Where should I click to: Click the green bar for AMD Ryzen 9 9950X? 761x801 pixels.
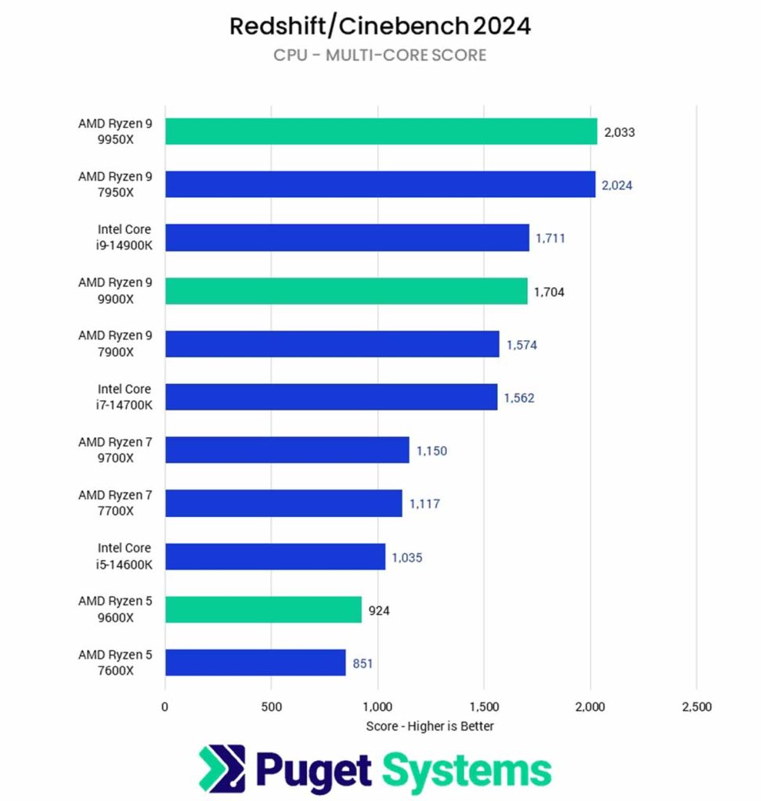[x=380, y=131]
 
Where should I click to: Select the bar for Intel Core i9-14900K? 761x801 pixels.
[x=347, y=238]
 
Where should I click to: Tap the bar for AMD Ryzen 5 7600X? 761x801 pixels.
[x=255, y=663]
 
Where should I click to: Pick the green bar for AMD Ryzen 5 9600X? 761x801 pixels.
[x=263, y=609]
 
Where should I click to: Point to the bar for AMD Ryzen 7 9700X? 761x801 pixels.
[x=287, y=450]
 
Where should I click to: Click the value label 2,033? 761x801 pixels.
[x=619, y=132]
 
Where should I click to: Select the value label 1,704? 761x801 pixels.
[x=549, y=292]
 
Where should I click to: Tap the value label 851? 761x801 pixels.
[x=362, y=663]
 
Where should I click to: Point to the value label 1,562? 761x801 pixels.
[x=519, y=398]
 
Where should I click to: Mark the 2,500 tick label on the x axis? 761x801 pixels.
[x=696, y=707]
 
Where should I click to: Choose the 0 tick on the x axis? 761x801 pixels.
[x=164, y=707]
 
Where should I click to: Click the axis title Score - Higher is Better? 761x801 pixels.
[x=430, y=727]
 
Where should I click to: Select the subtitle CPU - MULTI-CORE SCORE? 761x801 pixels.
[x=380, y=55]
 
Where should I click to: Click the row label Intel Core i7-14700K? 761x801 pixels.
[x=124, y=397]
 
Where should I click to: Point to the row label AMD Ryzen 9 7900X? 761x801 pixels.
[x=115, y=344]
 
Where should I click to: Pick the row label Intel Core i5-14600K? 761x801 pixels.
[x=124, y=556]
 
